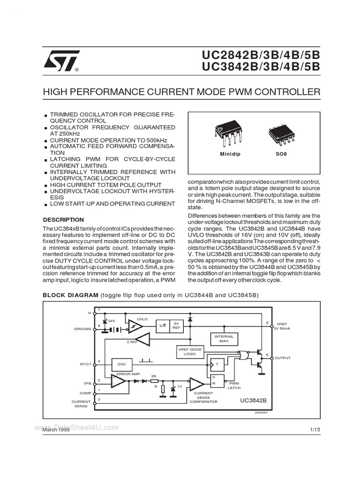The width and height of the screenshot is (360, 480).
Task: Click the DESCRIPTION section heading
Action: [x=63, y=220]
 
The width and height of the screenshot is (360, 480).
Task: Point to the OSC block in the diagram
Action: [x=122, y=364]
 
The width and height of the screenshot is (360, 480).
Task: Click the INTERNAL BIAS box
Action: [x=224, y=339]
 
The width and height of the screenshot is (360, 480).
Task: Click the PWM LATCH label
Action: [x=233, y=385]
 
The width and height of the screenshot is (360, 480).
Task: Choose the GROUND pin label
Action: [x=82, y=329]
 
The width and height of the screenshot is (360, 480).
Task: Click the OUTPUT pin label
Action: [x=283, y=358]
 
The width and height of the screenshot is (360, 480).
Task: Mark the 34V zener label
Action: [x=112, y=321]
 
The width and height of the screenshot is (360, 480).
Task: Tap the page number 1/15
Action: [x=314, y=430]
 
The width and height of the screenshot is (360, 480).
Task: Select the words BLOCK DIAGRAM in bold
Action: [x=69, y=295]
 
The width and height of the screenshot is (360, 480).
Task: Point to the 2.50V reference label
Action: [x=132, y=343]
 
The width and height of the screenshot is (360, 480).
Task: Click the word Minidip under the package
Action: [x=230, y=154]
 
